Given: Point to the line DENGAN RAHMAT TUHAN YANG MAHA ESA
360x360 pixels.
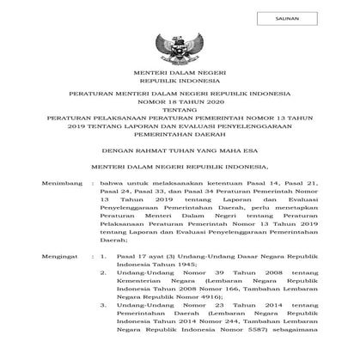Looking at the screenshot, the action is pos(180,149).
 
